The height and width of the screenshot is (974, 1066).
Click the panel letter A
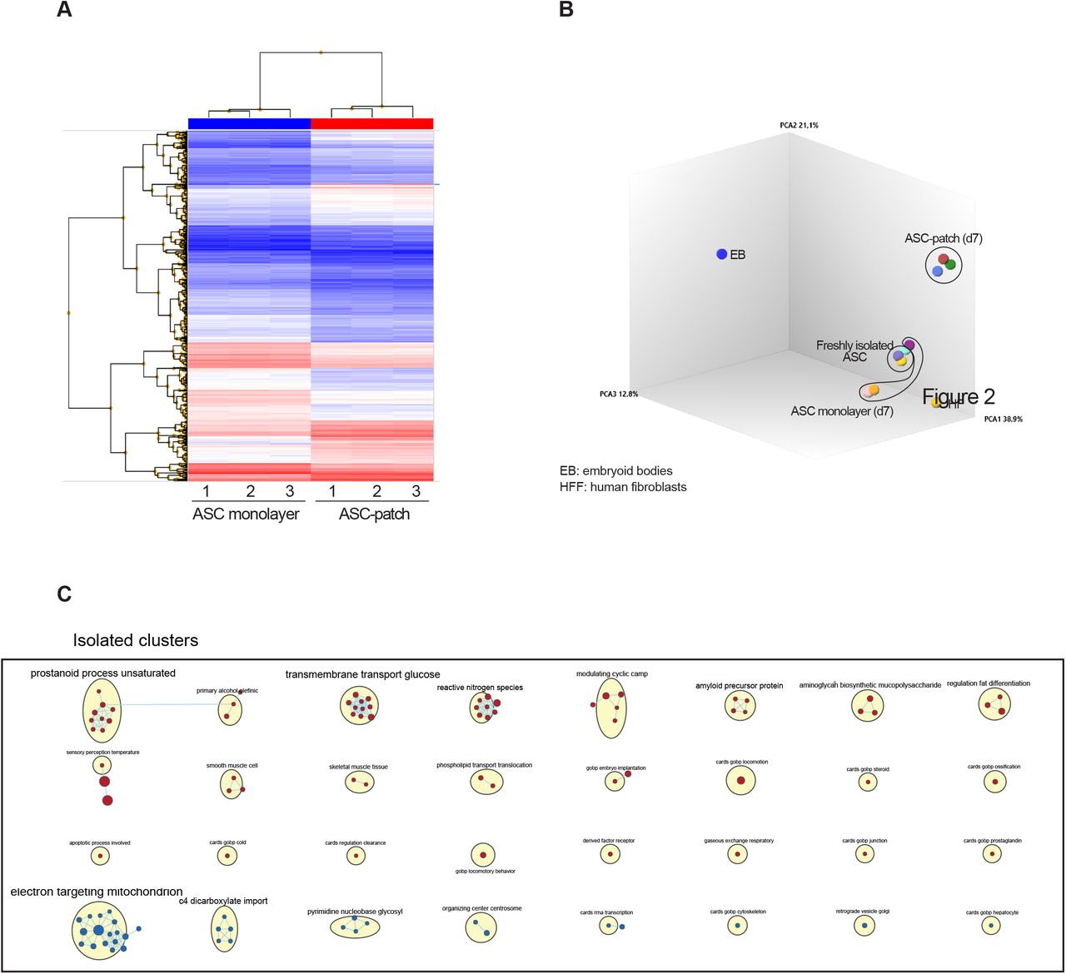(x=63, y=11)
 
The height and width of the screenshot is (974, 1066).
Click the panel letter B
(x=566, y=11)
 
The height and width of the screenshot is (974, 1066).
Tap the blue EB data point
(x=721, y=254)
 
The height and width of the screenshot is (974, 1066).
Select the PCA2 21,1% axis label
(x=799, y=125)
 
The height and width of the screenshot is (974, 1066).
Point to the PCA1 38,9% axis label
(x=1003, y=419)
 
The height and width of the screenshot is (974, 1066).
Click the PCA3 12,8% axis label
(x=619, y=394)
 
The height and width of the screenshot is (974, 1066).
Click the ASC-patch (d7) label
(x=943, y=238)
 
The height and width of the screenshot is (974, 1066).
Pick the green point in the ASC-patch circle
(x=950, y=264)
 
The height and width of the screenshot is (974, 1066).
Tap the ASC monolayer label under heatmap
(x=246, y=514)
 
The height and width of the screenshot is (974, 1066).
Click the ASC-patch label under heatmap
(x=374, y=514)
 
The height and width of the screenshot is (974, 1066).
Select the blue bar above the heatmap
(x=249, y=123)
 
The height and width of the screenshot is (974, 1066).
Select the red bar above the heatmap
(x=371, y=123)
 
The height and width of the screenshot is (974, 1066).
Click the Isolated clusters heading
(x=136, y=640)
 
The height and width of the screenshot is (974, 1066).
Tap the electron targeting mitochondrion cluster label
(x=97, y=892)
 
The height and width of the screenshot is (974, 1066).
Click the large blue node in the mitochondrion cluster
(x=98, y=929)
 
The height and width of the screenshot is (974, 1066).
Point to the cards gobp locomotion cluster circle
(x=740, y=780)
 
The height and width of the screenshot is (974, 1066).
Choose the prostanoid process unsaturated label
(x=103, y=673)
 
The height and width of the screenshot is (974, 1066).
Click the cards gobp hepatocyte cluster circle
(x=990, y=926)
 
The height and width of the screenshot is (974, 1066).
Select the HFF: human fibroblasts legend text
(x=623, y=487)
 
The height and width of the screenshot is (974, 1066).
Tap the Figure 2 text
(x=959, y=396)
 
